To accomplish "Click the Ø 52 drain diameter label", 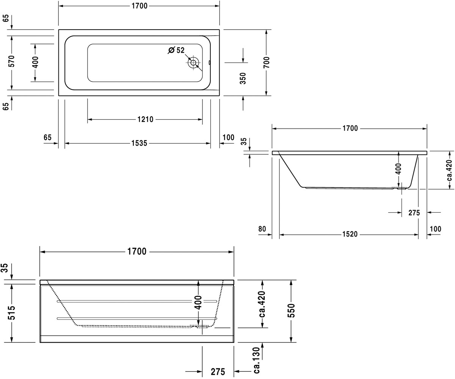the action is [176, 50].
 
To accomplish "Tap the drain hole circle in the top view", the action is [193, 63].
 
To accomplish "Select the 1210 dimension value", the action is [145, 119].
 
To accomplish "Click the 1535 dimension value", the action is [139, 143].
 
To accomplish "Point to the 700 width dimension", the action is [267, 63].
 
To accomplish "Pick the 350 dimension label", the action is [243, 78].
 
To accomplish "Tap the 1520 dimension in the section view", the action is [350, 234].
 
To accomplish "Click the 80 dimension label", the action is [262, 229].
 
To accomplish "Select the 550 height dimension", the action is [291, 311].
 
